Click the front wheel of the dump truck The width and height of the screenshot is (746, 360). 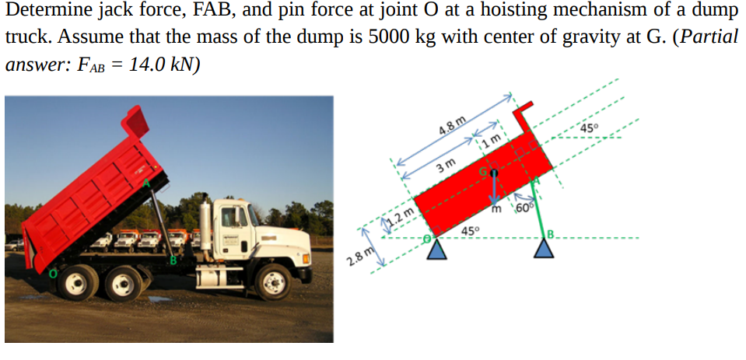pos(274,281)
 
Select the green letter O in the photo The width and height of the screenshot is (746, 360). pos(53,271)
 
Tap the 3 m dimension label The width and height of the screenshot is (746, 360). pos(445,166)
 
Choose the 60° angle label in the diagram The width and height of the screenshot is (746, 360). pos(522,208)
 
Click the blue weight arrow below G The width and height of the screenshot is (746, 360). pos(493,190)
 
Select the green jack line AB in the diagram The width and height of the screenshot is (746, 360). pos(538,206)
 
